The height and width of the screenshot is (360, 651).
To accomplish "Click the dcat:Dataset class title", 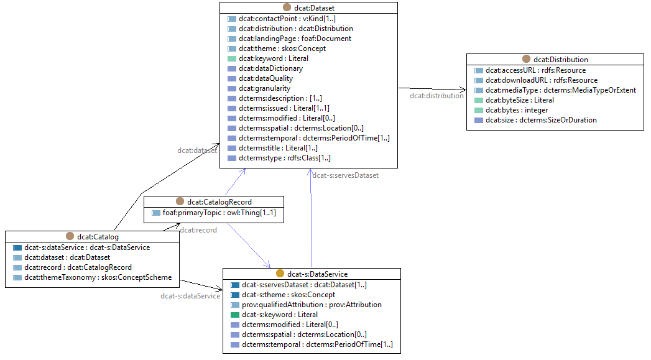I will coord(313,7).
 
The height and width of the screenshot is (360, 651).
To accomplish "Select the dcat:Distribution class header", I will coord(560,60).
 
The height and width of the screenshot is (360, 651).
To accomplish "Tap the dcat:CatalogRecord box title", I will coord(219,201).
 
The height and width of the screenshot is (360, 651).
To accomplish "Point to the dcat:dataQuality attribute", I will coord(265,78).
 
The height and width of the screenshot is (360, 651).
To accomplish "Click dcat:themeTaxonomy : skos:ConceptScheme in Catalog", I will coord(98,277).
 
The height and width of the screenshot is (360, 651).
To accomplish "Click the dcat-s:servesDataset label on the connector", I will coord(345,175).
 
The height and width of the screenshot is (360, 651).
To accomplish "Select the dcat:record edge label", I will coord(198,230).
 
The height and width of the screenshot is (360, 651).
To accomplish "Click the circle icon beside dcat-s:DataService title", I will coord(280,274).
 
